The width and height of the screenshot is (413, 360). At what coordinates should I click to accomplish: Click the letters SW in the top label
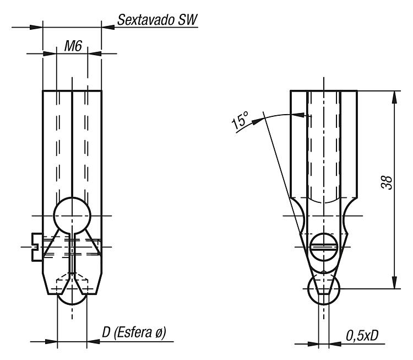pyautogui.click(x=188, y=20)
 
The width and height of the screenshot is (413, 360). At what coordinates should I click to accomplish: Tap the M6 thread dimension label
pyautogui.click(x=73, y=46)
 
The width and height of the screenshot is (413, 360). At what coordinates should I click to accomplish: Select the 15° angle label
pyautogui.click(x=240, y=121)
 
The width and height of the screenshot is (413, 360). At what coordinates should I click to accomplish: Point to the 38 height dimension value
pyautogui.click(x=387, y=182)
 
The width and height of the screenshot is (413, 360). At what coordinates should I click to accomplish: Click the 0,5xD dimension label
pyautogui.click(x=362, y=336)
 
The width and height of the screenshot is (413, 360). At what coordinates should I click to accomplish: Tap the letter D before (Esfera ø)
pyautogui.click(x=106, y=332)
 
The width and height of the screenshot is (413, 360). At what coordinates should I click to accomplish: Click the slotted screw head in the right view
pyautogui.click(x=324, y=247)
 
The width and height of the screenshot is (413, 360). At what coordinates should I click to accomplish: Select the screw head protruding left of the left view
pyautogui.click(x=36, y=247)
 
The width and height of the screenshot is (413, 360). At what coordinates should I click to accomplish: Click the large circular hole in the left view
pyautogui.click(x=72, y=216)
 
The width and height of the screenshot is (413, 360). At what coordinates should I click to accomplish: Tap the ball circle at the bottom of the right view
pyautogui.click(x=324, y=288)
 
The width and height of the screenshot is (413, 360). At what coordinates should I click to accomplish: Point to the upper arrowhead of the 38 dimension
pyautogui.click(x=394, y=97)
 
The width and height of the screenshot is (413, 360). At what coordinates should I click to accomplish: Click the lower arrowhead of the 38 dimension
pyautogui.click(x=394, y=282)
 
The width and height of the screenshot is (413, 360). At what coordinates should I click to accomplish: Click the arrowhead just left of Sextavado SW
pyautogui.click(x=108, y=27)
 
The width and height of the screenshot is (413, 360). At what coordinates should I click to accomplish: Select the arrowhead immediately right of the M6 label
pyautogui.click(x=94, y=53)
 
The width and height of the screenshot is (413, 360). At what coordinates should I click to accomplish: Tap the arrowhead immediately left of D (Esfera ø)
pyautogui.click(x=93, y=342)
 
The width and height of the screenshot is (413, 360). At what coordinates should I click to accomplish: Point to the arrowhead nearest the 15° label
pyautogui.click(x=257, y=122)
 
